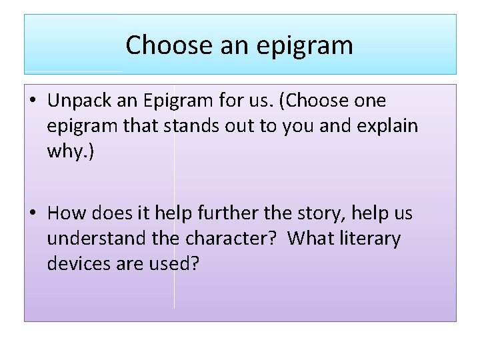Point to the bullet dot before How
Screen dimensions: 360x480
(32, 214)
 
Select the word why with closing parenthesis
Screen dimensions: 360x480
(71, 151)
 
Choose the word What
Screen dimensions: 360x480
(314, 239)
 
